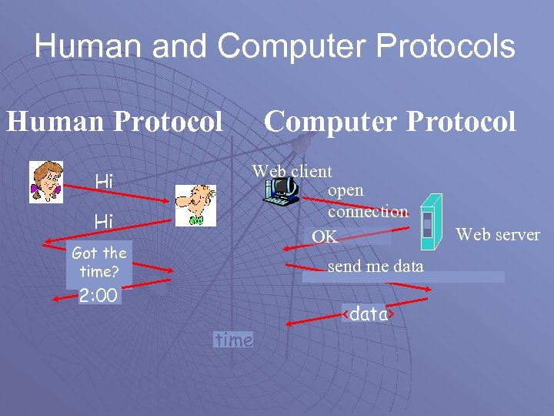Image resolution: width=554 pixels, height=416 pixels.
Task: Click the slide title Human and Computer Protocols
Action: pyautogui.click(x=275, y=46)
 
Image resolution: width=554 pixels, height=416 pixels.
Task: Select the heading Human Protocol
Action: pyautogui.click(x=115, y=121)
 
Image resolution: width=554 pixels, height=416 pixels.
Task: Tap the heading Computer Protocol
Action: pyautogui.click(x=389, y=121)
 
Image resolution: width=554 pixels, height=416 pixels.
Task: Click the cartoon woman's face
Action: pyautogui.click(x=46, y=182)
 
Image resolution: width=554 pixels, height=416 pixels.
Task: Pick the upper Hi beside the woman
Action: pyautogui.click(x=103, y=181)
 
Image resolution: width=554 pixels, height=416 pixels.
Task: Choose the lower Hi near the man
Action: pyautogui.click(x=103, y=221)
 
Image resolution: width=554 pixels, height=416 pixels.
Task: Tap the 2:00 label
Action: pyautogui.click(x=98, y=296)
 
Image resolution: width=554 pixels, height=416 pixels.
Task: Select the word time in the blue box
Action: pyautogui.click(x=234, y=340)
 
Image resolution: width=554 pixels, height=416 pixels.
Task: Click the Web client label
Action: pyautogui.click(x=292, y=172)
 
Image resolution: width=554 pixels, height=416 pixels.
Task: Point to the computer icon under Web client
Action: pyautogui.click(x=280, y=191)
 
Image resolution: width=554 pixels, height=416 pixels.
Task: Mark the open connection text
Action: pyautogui.click(x=368, y=200)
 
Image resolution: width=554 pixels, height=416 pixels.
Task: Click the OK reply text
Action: pyautogui.click(x=324, y=237)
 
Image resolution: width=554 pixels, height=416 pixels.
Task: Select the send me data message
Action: pyautogui.click(x=375, y=267)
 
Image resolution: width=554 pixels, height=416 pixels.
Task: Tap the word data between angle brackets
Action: pyautogui.click(x=369, y=314)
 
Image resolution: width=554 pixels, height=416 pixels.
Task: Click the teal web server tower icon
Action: pyautogui.click(x=432, y=220)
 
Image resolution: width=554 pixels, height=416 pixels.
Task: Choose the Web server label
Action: pyautogui.click(x=499, y=235)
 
